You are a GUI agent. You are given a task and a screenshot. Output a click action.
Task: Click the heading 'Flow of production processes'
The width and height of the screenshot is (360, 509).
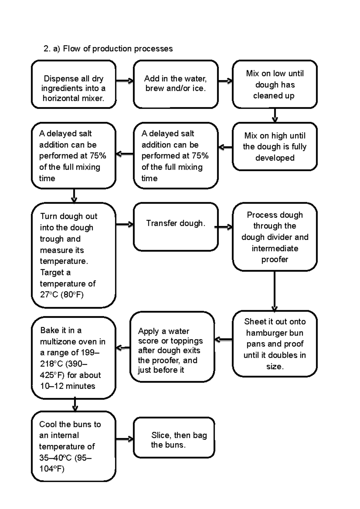click(x=118, y=49)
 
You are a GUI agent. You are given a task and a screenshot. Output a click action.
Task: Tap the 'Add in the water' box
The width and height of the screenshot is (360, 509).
click(x=175, y=84)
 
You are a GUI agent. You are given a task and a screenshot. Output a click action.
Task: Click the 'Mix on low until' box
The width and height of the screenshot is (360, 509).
click(x=274, y=84)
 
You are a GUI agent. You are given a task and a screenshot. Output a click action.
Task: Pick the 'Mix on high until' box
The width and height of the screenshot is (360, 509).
click(x=274, y=147)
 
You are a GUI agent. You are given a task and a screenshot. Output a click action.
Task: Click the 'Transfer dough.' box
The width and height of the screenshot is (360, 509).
click(x=175, y=227)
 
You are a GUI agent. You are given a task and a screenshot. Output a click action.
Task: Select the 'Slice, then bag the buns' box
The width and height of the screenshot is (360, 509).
click(x=174, y=438)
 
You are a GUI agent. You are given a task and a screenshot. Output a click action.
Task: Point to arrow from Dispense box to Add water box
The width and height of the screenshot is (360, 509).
click(x=124, y=81)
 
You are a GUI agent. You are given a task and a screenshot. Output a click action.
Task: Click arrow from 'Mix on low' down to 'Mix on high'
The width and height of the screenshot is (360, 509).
click(x=275, y=115)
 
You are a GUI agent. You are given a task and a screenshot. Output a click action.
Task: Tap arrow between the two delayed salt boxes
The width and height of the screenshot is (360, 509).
click(x=124, y=154)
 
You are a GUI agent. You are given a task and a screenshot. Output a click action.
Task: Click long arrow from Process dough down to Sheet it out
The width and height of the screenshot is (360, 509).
click(x=274, y=291)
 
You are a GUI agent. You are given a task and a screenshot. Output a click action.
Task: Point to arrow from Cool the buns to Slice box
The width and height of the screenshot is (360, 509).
click(x=124, y=439)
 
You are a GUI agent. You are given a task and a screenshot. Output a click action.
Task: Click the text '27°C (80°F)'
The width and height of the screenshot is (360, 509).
click(x=62, y=295)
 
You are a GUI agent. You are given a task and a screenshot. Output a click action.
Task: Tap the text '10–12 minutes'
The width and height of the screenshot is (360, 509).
click(x=68, y=386)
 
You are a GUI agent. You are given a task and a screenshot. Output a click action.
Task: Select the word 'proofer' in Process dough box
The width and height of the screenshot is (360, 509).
click(x=274, y=260)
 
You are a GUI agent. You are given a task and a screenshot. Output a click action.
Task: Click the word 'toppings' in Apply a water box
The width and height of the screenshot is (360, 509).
click(x=187, y=341)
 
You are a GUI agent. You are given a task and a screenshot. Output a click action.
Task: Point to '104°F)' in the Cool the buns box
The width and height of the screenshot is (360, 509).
click(x=52, y=469)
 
